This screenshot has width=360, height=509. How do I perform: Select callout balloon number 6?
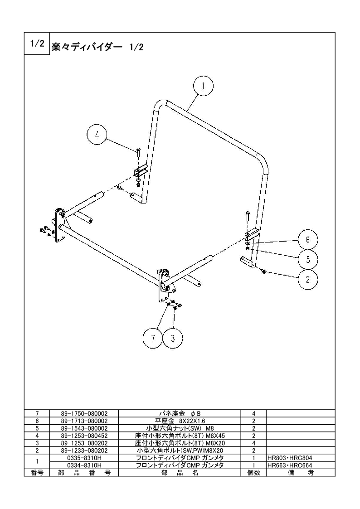308,240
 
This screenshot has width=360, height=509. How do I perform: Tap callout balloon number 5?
308,259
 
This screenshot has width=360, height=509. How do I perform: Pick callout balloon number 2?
308,280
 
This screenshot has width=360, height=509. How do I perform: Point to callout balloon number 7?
153,338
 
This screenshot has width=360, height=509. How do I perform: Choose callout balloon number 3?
172,338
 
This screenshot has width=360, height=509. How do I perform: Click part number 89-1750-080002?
84,413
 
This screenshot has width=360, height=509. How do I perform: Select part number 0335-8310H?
84,458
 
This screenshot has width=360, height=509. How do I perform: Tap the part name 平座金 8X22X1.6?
180,421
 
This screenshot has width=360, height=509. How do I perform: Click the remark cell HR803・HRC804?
290,458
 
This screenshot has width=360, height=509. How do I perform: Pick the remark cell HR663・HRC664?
290,465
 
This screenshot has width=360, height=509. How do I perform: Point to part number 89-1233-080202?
84,451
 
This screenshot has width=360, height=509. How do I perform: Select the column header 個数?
254,473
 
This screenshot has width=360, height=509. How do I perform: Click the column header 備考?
301,473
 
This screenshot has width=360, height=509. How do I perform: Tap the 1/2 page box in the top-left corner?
37,44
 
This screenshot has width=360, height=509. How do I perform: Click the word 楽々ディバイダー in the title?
87,47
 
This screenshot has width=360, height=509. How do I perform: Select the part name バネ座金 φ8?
180,413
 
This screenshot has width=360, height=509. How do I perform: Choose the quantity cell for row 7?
254,413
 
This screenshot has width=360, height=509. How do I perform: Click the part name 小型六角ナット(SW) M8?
180,428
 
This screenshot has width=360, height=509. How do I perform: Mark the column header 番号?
37,473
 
